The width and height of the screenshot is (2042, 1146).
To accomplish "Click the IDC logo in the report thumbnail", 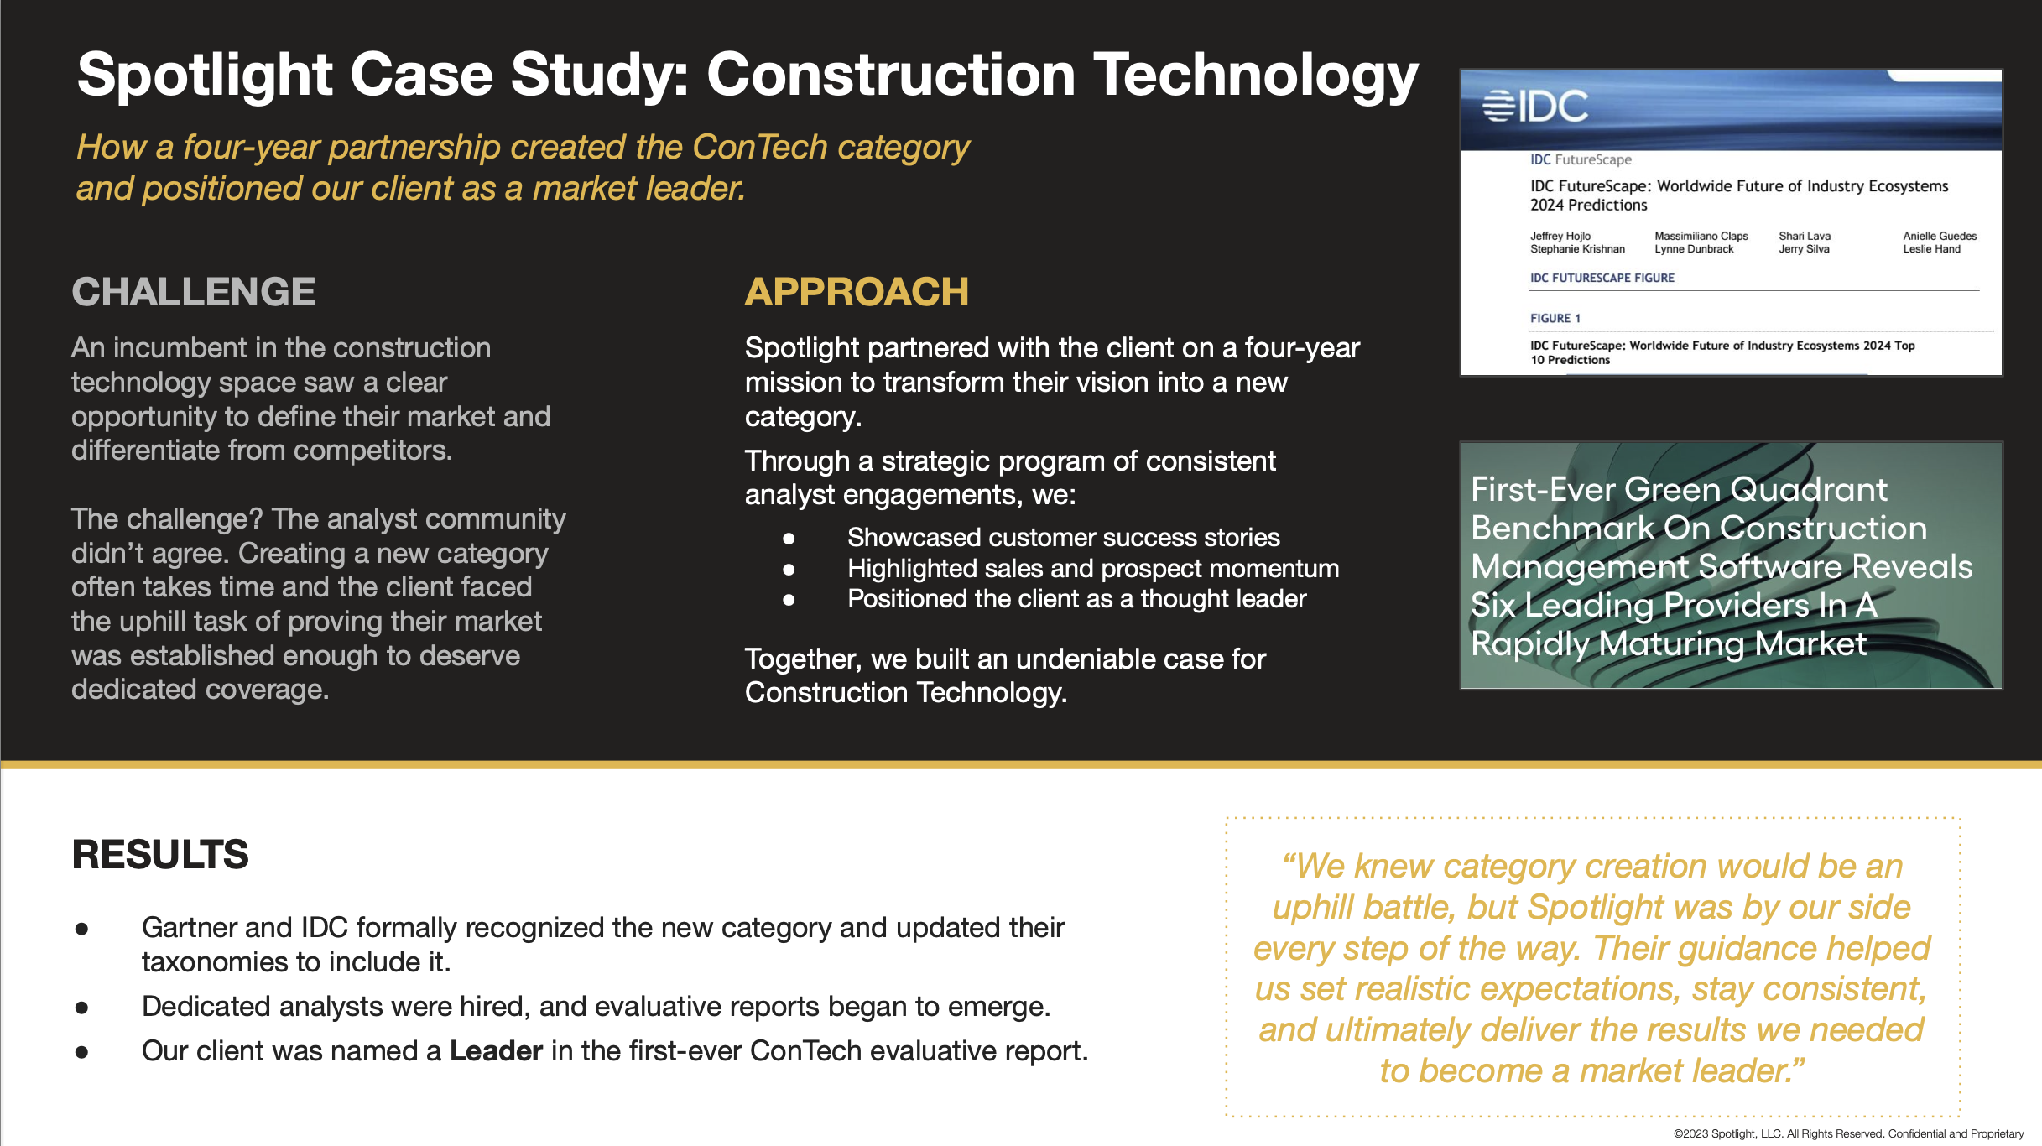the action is click(x=1535, y=107).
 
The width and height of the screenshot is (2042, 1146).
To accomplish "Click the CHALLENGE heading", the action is click(x=194, y=292).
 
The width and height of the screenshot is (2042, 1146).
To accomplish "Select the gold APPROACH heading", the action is click(x=857, y=292).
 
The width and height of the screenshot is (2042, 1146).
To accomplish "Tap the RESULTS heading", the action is click(x=160, y=854).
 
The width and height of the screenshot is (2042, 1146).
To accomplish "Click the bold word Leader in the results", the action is click(x=496, y=1050).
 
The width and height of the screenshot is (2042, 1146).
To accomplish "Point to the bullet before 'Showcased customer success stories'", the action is click(x=789, y=538).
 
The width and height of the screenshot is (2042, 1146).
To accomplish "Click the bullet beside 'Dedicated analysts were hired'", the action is click(x=81, y=1008).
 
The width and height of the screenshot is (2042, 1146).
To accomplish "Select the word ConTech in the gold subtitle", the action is click(x=760, y=147).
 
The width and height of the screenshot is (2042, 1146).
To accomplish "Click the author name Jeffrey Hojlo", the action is click(x=1560, y=236).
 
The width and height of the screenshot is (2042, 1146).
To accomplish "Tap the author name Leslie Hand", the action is click(x=1931, y=248).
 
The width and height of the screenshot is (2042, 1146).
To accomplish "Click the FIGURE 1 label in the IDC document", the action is click(x=1555, y=318).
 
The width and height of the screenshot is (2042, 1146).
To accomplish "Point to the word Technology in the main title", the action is click(x=1255, y=76).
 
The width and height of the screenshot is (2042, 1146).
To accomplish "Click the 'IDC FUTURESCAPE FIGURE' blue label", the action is click(x=1602, y=278).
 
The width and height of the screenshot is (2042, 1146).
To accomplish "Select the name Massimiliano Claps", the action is click(x=1701, y=236).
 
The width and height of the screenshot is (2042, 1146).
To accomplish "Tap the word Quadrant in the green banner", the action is click(x=1809, y=489).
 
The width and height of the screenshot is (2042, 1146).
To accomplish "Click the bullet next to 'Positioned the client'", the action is click(x=789, y=600).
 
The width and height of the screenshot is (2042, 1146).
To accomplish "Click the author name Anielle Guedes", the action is click(x=1940, y=236).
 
